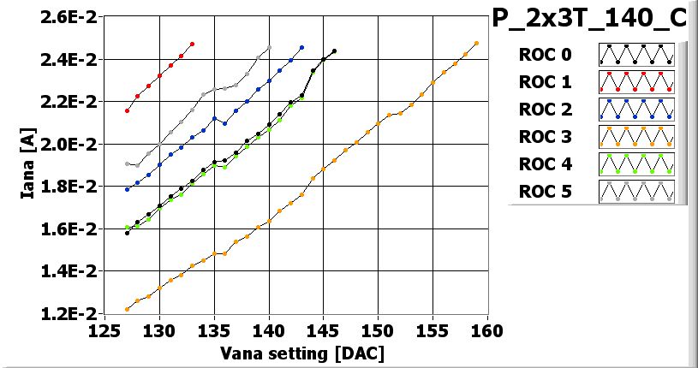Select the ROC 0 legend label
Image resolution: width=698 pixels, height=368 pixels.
tap(545, 55)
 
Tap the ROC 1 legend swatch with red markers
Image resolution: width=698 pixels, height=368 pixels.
tap(637, 82)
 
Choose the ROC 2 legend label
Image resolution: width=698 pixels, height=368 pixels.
tap(545, 110)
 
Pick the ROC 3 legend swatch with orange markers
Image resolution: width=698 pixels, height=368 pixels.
tap(637, 137)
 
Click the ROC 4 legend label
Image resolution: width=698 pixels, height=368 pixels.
tap(545, 164)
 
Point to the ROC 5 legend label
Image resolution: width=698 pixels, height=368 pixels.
tap(545, 192)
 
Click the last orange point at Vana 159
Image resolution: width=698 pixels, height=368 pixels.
tap(476, 44)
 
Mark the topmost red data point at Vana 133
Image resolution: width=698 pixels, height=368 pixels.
tap(192, 44)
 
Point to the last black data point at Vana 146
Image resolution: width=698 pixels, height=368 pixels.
tap(334, 51)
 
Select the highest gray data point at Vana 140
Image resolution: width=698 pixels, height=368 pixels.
tap(269, 47)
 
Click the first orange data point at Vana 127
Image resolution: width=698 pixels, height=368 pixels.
tap(127, 309)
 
